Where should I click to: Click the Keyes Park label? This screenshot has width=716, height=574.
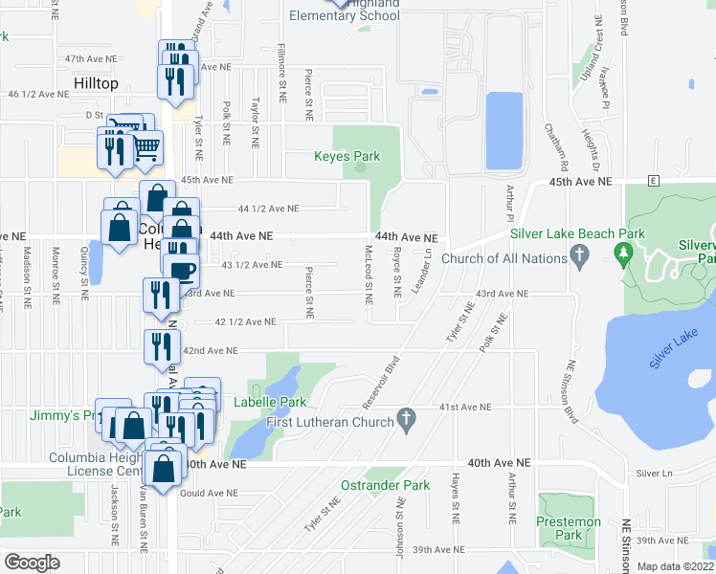click(347, 156)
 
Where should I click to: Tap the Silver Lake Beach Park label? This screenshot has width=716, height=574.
click(577, 233)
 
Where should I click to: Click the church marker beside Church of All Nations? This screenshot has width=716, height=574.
click(577, 255)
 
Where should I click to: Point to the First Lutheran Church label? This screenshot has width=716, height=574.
click(329, 422)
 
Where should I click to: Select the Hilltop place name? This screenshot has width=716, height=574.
click(97, 84)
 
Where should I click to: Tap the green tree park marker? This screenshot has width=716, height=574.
click(625, 254)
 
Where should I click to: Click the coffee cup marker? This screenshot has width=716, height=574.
click(182, 271)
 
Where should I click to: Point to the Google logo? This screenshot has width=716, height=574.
click(32, 563)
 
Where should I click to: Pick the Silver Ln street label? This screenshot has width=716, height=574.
click(655, 474)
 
